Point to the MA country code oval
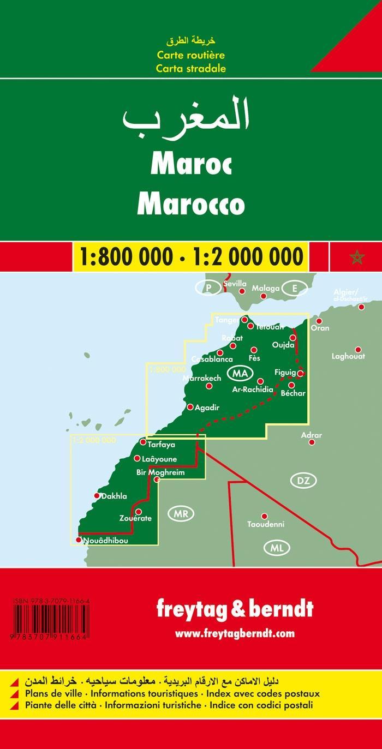coord(240,373)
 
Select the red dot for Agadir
coord(190,406)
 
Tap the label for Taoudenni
coord(266,524)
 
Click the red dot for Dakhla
coord(97,496)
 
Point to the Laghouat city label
coord(348,357)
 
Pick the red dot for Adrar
coord(312,442)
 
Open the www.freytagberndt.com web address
coord(235,633)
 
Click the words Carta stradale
coord(190,69)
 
